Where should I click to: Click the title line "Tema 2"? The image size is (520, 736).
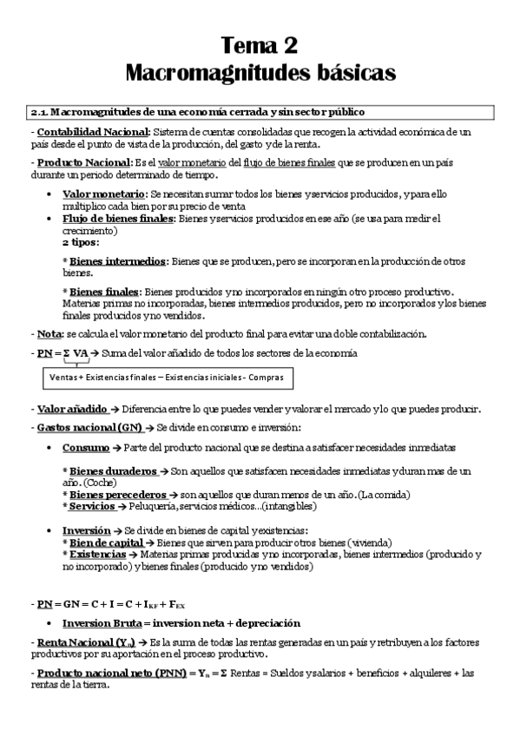click(x=260, y=44)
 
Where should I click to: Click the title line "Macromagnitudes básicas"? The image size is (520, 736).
click(x=260, y=72)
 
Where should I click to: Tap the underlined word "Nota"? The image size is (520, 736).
click(x=49, y=333)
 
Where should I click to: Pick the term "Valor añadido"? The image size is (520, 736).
click(x=73, y=409)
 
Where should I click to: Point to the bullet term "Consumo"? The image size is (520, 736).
click(x=86, y=447)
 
